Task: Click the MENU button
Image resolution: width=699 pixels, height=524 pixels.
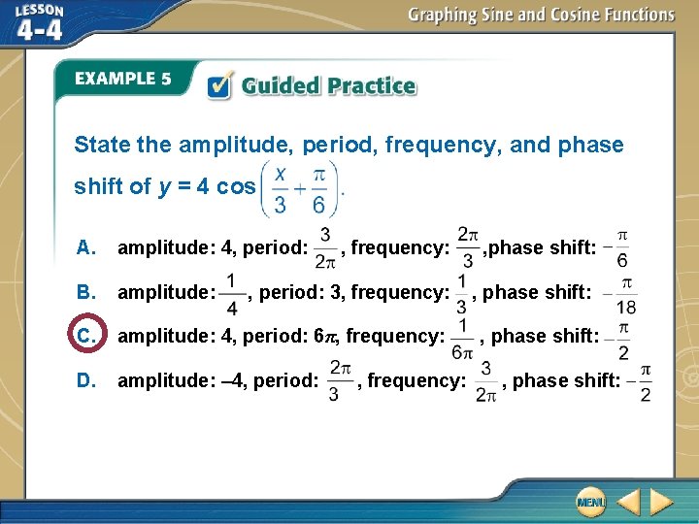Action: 589,502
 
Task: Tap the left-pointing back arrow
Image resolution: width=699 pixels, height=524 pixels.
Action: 628,502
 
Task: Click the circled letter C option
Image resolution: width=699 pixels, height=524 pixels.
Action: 83,336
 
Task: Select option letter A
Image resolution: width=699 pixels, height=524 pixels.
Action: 84,247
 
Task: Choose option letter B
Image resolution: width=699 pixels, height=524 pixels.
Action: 84,291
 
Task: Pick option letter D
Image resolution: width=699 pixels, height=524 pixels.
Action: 84,380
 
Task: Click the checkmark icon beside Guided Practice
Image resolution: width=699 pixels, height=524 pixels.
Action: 220,86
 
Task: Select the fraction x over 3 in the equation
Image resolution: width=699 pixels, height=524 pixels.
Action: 281,188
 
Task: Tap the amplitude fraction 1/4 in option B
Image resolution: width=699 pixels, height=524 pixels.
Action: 231,292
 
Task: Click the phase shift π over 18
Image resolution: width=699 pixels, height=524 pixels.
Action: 626,292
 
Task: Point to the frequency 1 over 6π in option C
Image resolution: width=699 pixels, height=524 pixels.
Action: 463,337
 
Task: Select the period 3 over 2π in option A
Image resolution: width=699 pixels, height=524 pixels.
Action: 325,248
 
